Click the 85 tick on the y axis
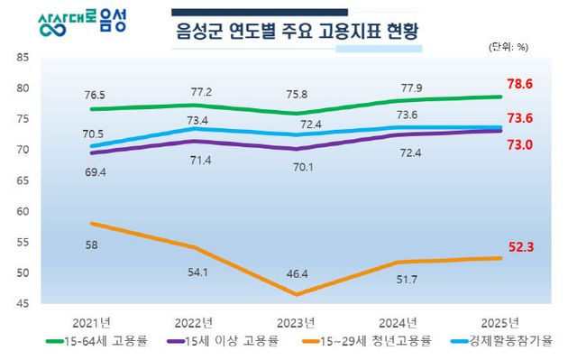coord(23,57)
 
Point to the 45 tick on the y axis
coord(23,304)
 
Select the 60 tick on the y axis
coord(23,211)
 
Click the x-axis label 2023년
coord(297,322)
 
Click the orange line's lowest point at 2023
coord(297,294)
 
